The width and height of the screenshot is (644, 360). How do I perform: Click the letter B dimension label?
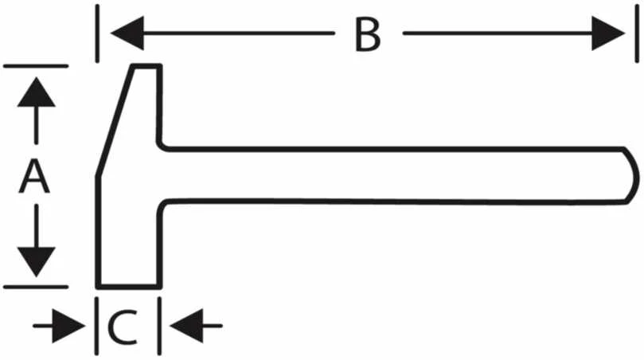click(368, 35)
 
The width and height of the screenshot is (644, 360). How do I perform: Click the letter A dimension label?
click(35, 177)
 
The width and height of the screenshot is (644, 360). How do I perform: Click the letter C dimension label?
click(123, 327)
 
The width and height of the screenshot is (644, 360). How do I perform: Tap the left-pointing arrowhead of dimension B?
click(127, 33)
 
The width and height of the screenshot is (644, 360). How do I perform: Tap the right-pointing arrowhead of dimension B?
click(608, 33)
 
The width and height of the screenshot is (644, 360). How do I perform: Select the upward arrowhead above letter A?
click(36, 92)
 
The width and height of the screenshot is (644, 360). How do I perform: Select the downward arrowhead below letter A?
click(36, 262)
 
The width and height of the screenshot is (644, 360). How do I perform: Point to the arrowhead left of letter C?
click(68, 327)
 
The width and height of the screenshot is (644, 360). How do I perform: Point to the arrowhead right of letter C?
click(186, 326)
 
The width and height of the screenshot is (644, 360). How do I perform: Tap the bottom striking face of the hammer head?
click(129, 286)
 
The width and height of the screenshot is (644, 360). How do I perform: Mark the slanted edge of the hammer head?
click(115, 121)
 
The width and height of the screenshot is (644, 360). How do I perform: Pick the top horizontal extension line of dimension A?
click(36, 66)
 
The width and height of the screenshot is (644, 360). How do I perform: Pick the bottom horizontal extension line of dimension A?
click(36, 287)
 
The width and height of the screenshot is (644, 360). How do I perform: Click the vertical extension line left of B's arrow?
click(97, 33)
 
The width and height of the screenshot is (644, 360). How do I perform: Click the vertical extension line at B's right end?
click(637, 33)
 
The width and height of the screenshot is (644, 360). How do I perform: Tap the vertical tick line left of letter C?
click(96, 326)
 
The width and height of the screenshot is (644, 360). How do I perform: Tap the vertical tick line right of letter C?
click(159, 326)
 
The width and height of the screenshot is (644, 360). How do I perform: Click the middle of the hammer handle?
click(394, 174)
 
